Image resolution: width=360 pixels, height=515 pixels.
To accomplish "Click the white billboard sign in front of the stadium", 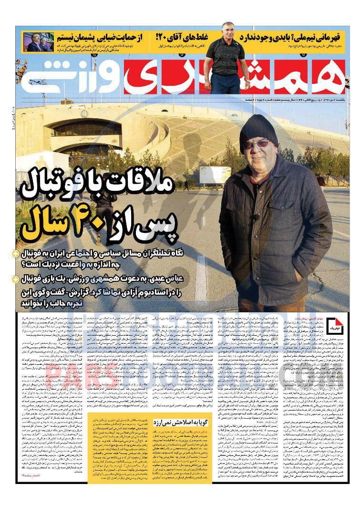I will tap(215, 174).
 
